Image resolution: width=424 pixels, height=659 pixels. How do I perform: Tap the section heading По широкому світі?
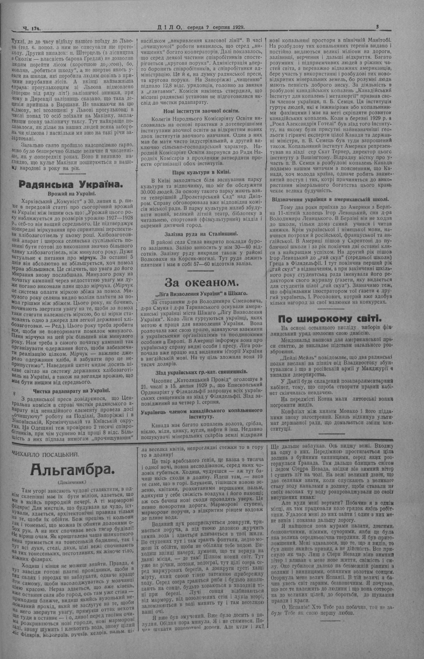coord(330,318)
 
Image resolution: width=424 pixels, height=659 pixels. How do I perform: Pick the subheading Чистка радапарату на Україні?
coord(71,390)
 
